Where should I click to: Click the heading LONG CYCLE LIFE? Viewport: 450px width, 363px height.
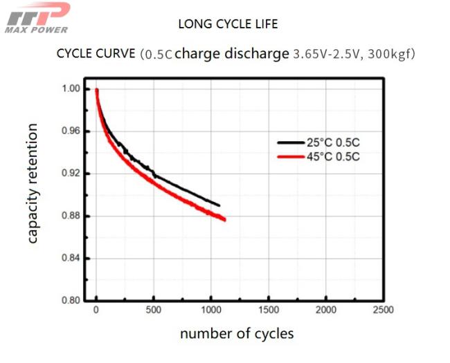tap(228, 24)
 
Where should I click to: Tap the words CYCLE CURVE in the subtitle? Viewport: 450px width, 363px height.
tap(95, 53)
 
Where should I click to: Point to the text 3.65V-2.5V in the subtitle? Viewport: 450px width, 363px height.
tap(319, 53)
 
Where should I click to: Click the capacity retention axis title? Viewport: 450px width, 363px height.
tap(33, 184)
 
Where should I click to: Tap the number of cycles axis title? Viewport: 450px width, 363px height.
tap(237, 334)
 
